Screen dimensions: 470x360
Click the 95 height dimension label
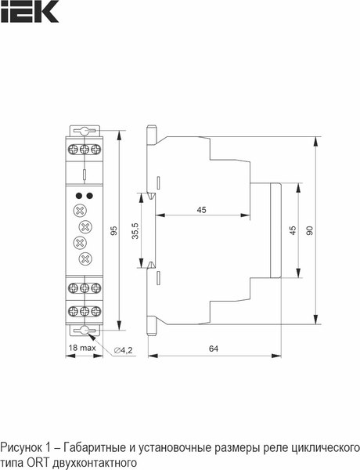point(113,232)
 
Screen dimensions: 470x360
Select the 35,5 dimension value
point(135,232)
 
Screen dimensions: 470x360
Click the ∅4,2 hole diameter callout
point(124,349)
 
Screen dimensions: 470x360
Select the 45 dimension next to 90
point(292,231)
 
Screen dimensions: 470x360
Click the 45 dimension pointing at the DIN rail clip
point(201,210)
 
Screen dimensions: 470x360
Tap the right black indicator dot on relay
point(89,195)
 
